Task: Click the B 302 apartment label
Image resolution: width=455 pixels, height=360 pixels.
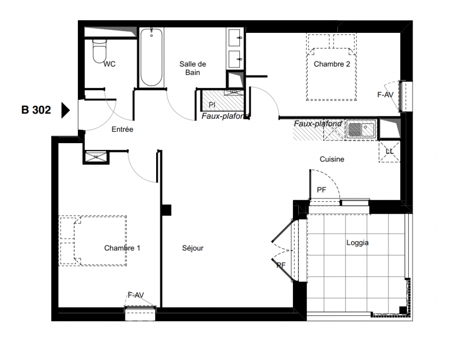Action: click(36, 110)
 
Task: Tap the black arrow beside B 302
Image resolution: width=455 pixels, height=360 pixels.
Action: click(65, 110)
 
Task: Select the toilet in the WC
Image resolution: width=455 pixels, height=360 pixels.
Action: click(99, 51)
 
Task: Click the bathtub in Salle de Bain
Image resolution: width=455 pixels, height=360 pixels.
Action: click(151, 57)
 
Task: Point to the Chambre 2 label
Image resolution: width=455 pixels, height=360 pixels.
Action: click(332, 64)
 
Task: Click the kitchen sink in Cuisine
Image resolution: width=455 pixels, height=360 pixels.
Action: click(361, 129)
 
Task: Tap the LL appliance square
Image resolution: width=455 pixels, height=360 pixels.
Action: click(389, 152)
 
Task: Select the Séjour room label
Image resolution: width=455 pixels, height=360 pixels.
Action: click(193, 248)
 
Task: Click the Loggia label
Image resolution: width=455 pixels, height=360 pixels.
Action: click(357, 243)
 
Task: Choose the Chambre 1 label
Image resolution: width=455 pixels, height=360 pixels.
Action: click(122, 248)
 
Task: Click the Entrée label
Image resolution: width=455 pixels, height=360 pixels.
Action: click(122, 130)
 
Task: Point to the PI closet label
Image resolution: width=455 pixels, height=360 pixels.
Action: click(212, 105)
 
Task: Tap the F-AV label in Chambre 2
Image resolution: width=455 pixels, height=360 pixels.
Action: click(385, 94)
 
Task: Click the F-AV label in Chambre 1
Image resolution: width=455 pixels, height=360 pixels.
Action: click(136, 295)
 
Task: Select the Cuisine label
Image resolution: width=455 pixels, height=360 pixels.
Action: click(332, 159)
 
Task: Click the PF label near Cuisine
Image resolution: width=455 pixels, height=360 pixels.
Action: click(321, 190)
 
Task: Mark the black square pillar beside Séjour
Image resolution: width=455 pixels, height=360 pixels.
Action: click(166, 210)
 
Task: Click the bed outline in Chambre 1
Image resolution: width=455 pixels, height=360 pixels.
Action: click(93, 241)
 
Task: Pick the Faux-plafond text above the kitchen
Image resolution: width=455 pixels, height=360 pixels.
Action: click(318, 124)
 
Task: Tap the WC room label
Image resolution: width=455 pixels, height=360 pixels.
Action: click(109, 64)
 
